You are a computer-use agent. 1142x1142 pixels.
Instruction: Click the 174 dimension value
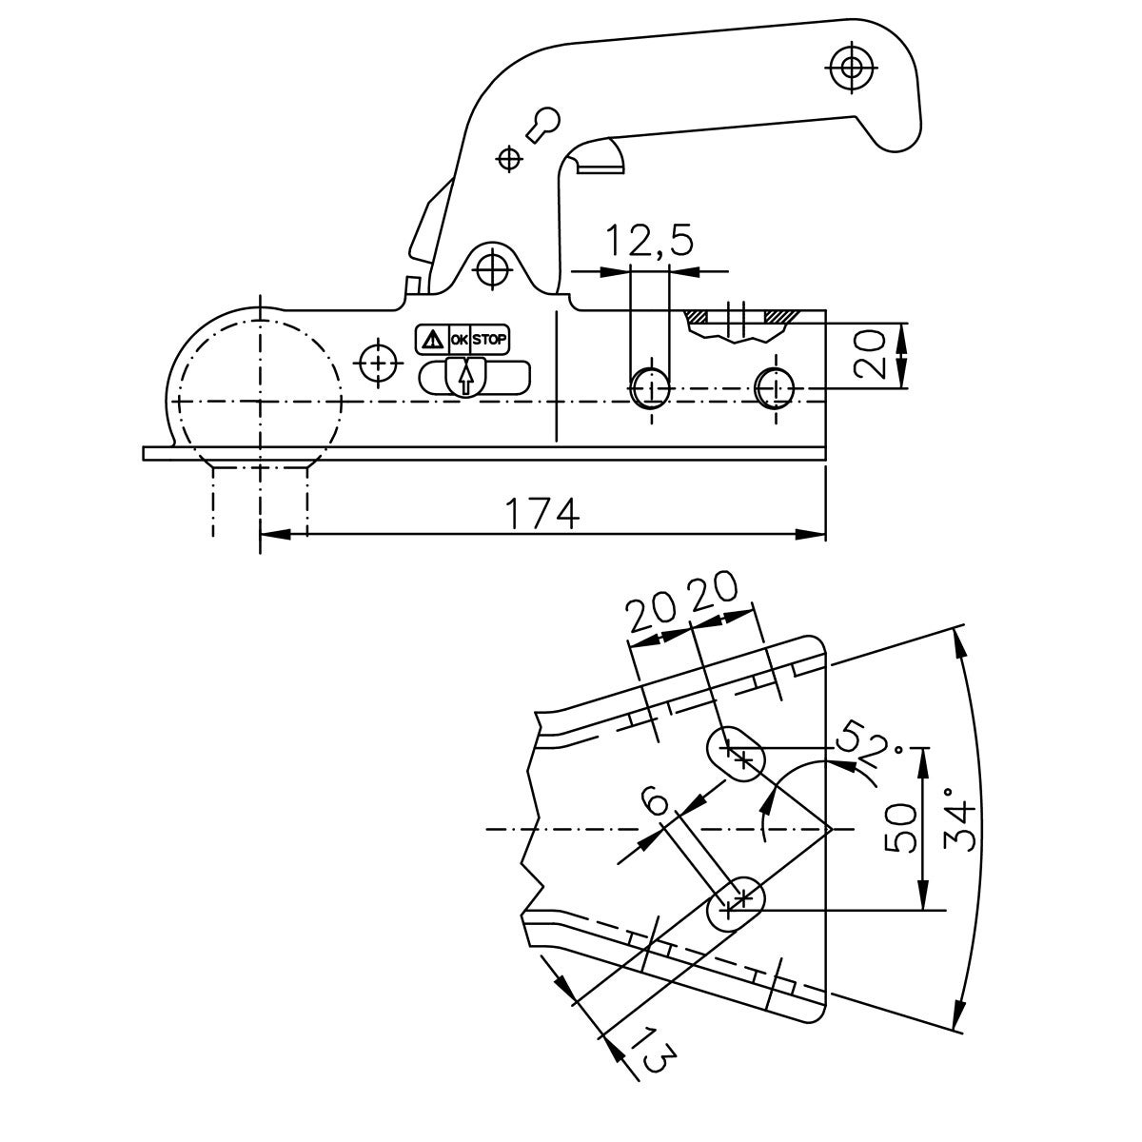click(541, 515)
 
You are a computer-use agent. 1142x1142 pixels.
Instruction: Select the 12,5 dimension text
click(649, 240)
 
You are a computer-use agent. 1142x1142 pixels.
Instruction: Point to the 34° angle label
click(961, 827)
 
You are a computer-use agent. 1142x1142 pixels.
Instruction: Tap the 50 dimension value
click(901, 829)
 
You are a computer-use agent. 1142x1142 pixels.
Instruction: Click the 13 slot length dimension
click(656, 1061)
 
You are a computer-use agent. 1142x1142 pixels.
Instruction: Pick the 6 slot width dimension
click(657, 805)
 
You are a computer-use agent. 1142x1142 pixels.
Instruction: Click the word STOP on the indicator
click(489, 340)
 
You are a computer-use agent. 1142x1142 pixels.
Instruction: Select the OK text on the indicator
click(460, 340)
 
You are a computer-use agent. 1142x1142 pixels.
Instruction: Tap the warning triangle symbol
click(433, 340)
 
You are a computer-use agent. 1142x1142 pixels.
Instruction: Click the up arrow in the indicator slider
click(465, 378)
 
